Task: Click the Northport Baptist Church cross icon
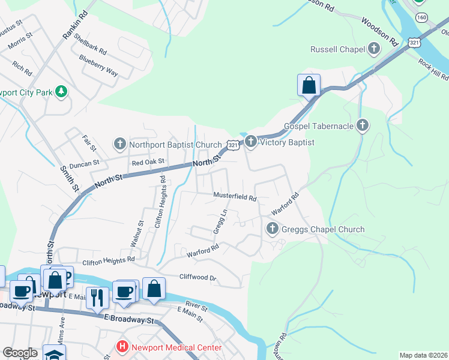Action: (x=119, y=144)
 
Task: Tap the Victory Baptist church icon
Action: (x=250, y=142)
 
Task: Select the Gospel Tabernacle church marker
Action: (x=361, y=125)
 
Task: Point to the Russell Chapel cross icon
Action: (x=375, y=49)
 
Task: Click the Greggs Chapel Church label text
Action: (x=322, y=229)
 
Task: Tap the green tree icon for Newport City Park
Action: (x=61, y=91)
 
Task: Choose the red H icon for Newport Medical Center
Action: (x=122, y=347)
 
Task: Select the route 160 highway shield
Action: (x=423, y=19)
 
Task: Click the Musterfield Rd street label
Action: (x=235, y=196)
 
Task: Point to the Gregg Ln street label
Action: (x=220, y=221)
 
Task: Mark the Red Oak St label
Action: (x=148, y=163)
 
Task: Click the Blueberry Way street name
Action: (x=98, y=66)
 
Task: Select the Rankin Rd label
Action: (x=75, y=27)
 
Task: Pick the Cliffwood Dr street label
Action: (x=197, y=277)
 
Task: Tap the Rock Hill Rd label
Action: (x=433, y=69)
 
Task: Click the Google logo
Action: (x=20, y=353)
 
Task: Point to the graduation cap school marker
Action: (x=53, y=353)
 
